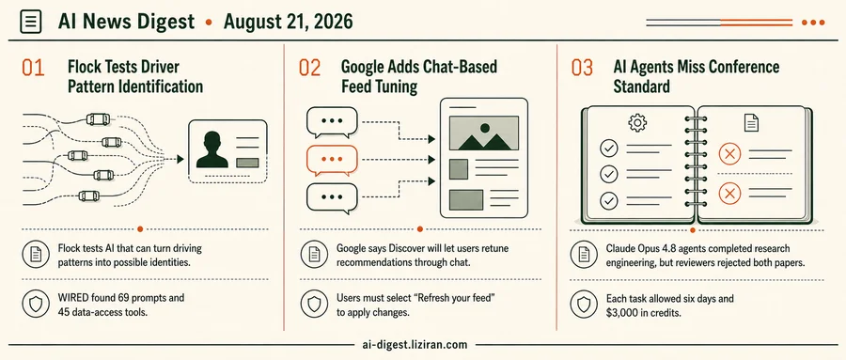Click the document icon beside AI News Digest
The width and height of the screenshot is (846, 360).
click(x=30, y=23)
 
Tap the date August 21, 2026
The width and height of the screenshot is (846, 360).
click(x=289, y=23)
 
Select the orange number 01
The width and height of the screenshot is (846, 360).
click(x=33, y=69)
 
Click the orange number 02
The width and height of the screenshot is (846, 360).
click(x=309, y=69)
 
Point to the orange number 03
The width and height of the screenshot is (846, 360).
click(x=582, y=69)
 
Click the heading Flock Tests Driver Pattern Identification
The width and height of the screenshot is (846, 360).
click(x=135, y=76)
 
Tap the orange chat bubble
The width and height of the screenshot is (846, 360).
click(x=332, y=161)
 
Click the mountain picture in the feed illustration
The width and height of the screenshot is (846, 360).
click(x=484, y=133)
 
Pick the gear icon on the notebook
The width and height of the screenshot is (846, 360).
click(x=637, y=123)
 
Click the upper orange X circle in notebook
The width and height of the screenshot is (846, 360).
click(x=729, y=154)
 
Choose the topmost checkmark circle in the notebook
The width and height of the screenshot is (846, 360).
click(x=609, y=148)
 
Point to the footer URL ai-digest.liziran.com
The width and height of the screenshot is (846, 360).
click(x=416, y=344)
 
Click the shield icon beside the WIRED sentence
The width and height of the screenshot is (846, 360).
click(x=36, y=305)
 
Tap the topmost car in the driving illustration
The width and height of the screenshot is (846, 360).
click(x=98, y=118)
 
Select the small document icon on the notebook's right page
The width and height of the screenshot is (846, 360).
click(x=751, y=123)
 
